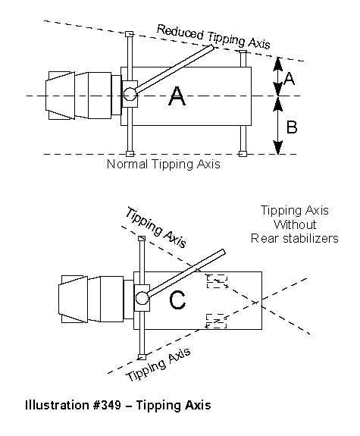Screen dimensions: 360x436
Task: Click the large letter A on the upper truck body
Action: coord(177,96)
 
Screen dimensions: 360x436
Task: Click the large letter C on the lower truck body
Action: coord(177,300)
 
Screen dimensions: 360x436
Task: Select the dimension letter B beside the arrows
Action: coord(292,127)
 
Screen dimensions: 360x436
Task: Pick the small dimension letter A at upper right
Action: coord(289,78)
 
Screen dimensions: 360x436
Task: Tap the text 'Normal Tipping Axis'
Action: coord(164,164)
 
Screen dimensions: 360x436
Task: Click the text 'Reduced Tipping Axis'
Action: coord(214,37)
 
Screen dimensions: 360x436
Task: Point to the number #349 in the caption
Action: coord(107,405)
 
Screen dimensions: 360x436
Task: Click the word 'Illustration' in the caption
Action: coord(58,405)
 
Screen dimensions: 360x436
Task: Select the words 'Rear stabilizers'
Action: coord(295,238)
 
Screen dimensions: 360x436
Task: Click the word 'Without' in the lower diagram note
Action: coord(295,224)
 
